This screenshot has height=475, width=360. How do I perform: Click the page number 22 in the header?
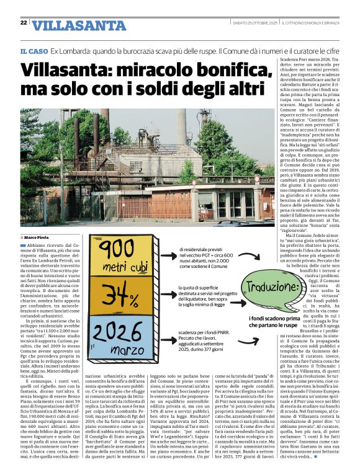point(23,23)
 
